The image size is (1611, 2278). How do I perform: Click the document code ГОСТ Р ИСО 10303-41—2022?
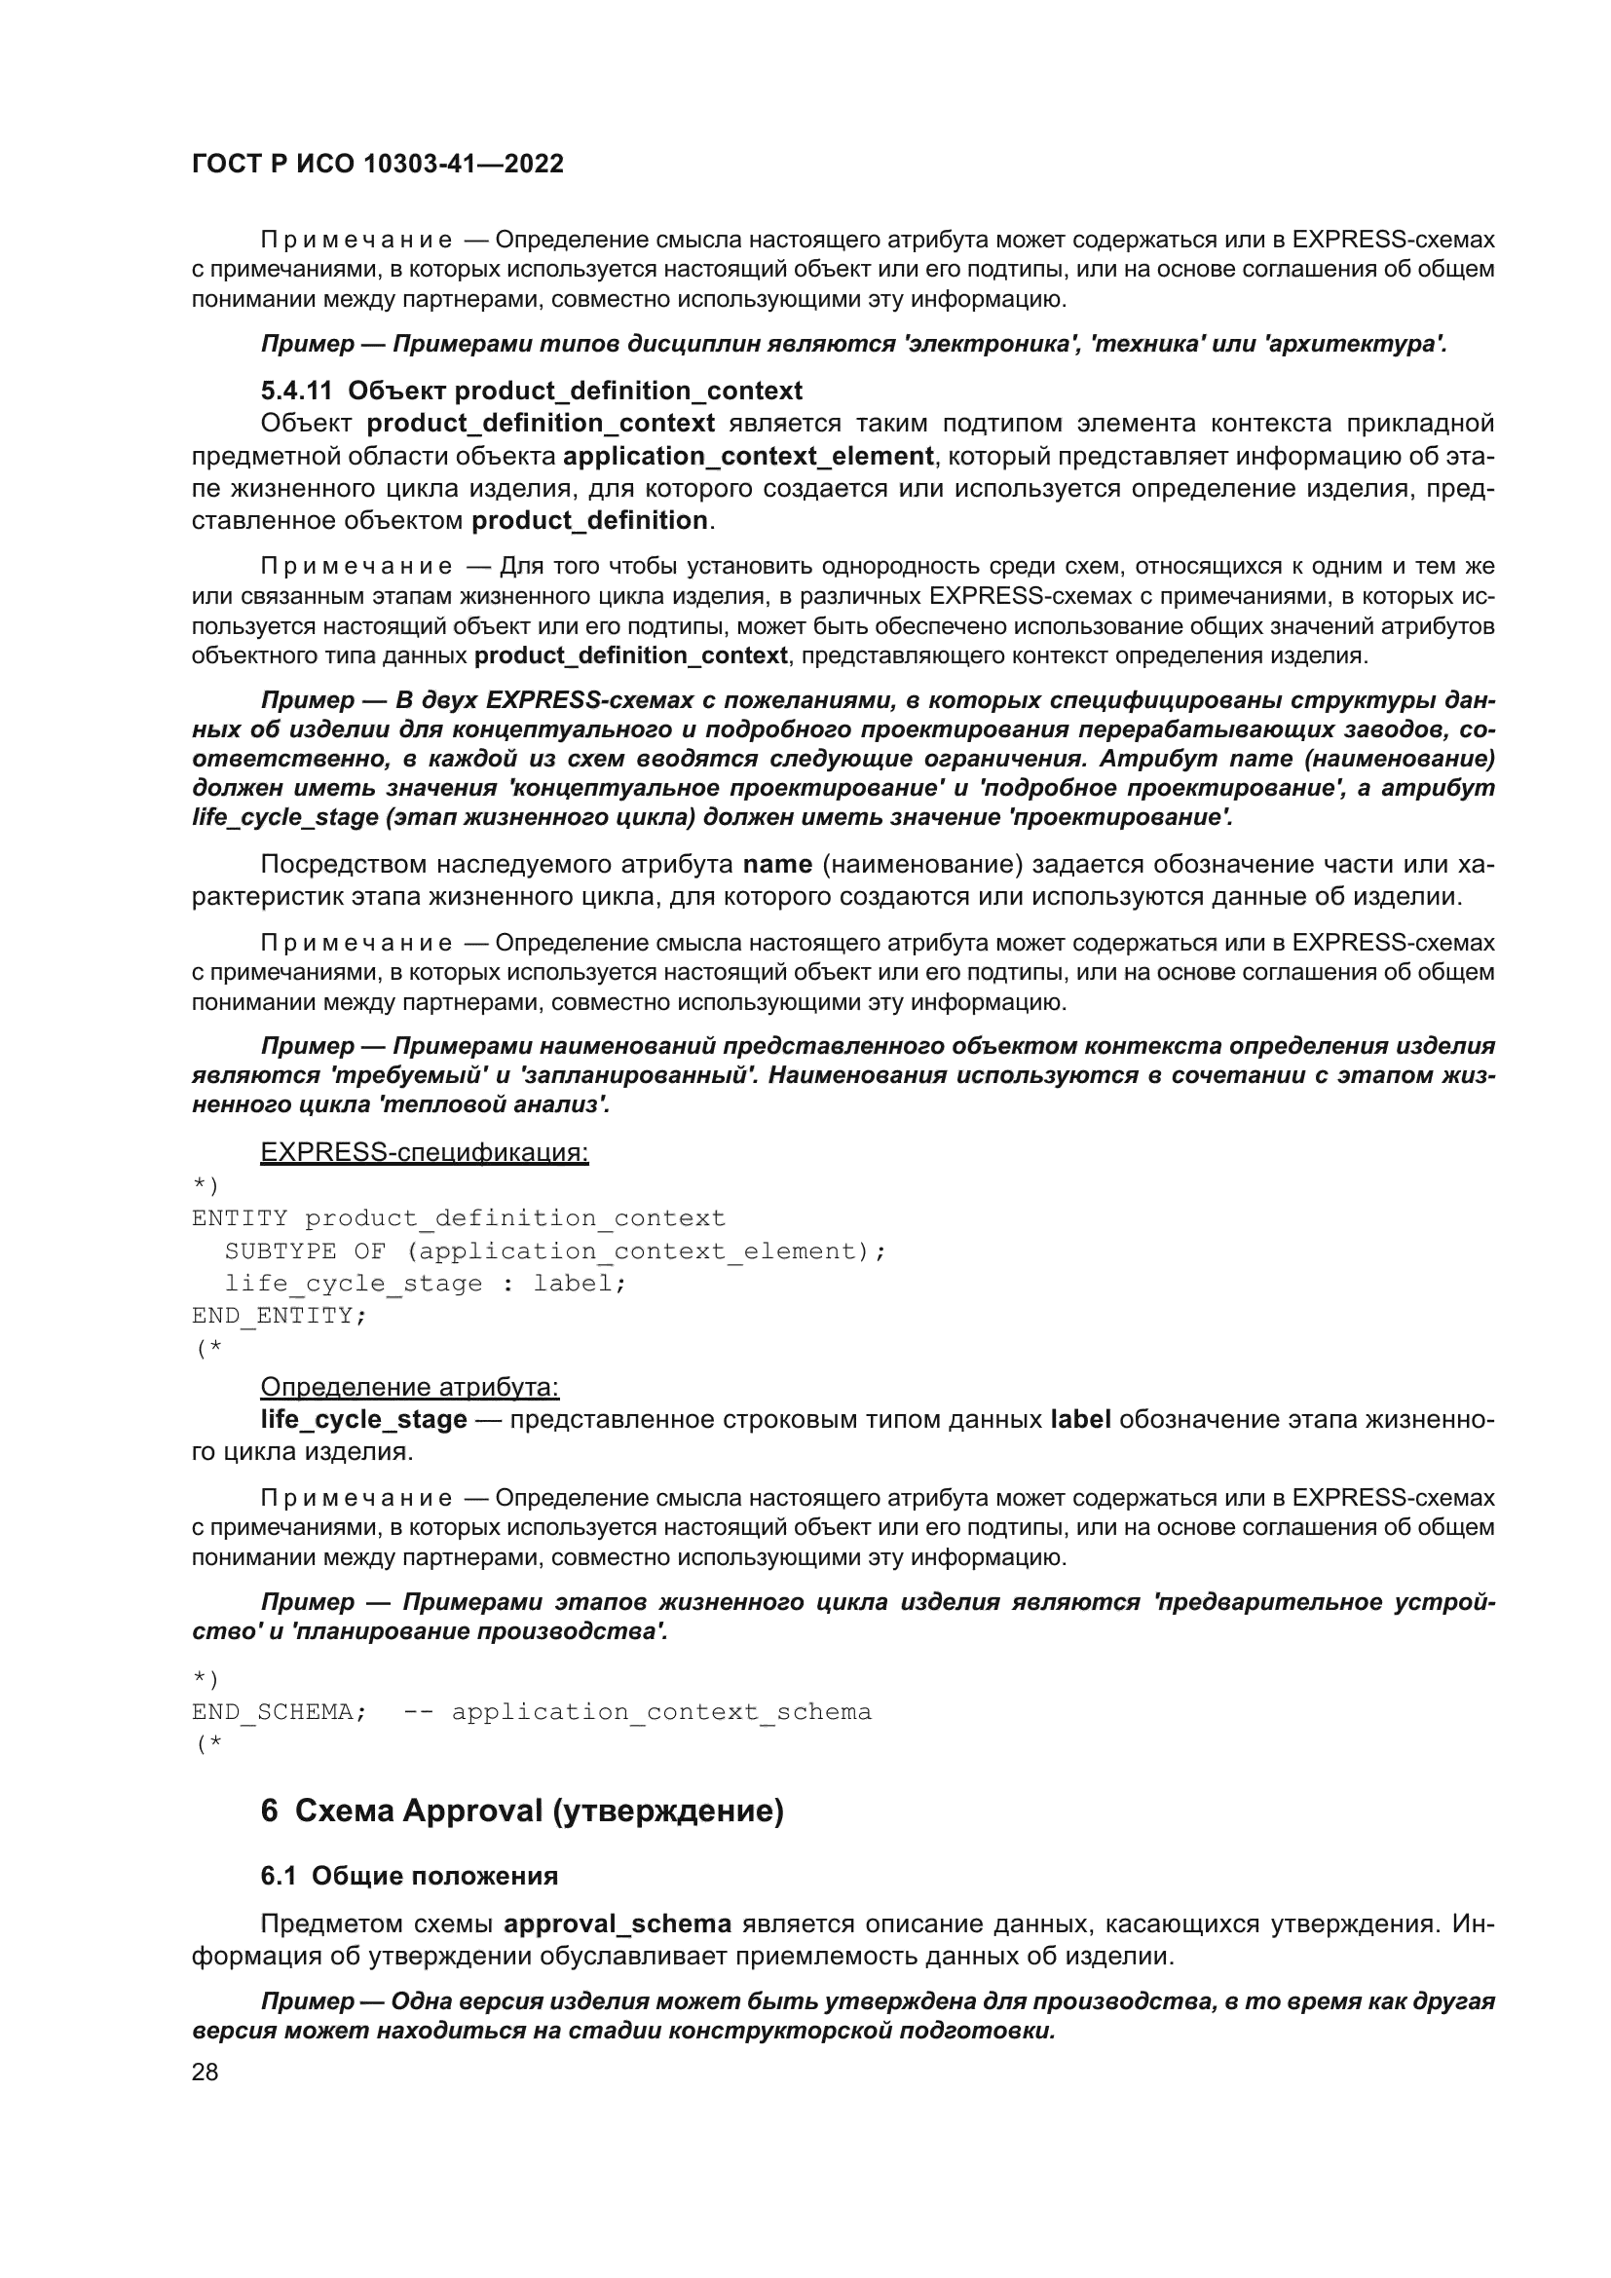click(x=377, y=164)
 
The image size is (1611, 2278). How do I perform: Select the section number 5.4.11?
click(x=296, y=391)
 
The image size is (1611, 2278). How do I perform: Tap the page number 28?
click(x=205, y=2072)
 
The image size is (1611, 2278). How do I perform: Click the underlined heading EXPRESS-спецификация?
click(x=424, y=1152)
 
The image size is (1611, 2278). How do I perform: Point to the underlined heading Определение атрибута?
click(x=410, y=1386)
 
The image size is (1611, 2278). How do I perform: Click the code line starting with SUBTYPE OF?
click(x=555, y=1251)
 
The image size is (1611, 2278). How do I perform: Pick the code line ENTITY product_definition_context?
click(x=459, y=1217)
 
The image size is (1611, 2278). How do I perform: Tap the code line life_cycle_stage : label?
click(x=426, y=1283)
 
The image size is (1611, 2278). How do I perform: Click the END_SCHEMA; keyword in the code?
click(x=279, y=1711)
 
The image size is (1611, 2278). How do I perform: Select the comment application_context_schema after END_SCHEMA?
click(x=661, y=1711)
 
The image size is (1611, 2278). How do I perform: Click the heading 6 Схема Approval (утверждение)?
click(x=522, y=1811)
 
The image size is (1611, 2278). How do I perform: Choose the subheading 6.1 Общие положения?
click(x=409, y=1875)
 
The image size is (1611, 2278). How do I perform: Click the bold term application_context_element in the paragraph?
click(x=748, y=457)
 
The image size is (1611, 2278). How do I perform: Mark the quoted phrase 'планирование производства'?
click(x=478, y=1631)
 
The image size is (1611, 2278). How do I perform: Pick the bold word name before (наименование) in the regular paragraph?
click(x=776, y=864)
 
